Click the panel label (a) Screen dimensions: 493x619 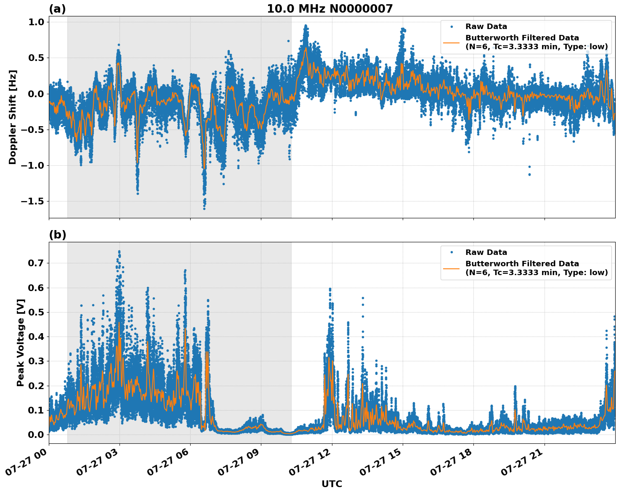[x=57, y=9]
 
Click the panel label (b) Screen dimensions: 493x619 [x=57, y=235]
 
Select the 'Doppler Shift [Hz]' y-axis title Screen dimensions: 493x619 [x=13, y=117]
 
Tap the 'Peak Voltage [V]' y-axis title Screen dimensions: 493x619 [x=21, y=342]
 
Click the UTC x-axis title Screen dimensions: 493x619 [x=332, y=484]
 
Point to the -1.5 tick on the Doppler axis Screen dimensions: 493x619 [x=34, y=201]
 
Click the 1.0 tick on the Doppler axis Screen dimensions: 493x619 [x=38, y=22]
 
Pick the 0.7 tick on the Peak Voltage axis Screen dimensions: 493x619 [x=38, y=263]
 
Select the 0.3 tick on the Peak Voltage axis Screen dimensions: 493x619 [x=38, y=361]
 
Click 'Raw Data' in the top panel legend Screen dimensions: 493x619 [x=486, y=27]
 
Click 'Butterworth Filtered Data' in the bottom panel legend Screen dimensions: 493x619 [x=522, y=264]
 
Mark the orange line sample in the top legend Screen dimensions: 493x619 [x=451, y=42]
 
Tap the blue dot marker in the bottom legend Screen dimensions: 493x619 [x=451, y=252]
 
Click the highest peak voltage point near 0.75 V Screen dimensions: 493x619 [x=119, y=252]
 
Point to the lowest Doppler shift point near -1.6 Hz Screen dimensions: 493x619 [x=204, y=208]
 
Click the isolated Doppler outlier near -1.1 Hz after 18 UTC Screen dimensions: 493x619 [x=529, y=174]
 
